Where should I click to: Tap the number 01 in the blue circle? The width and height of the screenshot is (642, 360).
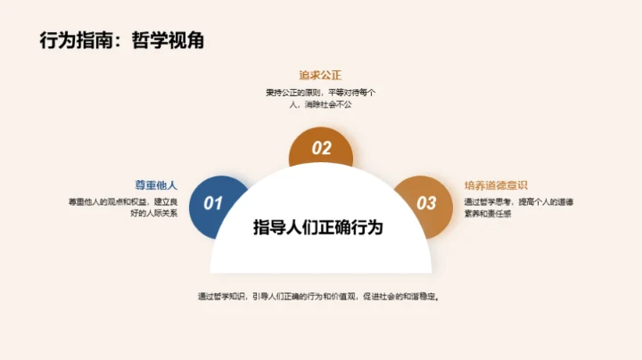point(212,203)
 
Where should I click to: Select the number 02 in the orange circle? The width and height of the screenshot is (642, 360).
point(321,149)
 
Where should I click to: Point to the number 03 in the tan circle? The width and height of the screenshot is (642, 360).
point(426,203)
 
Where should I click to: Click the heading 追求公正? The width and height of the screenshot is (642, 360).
point(321,76)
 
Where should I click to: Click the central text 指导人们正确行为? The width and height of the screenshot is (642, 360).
point(318,227)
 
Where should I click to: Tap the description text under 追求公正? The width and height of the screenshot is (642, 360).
point(321,98)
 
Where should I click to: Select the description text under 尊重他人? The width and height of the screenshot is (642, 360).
point(123,208)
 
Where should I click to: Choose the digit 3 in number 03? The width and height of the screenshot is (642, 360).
point(432,203)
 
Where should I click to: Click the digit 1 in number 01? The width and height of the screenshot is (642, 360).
point(218,203)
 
